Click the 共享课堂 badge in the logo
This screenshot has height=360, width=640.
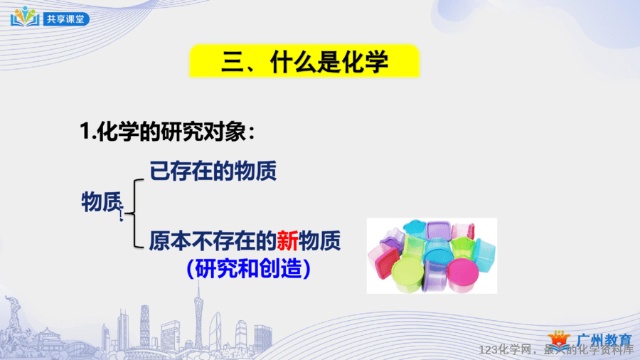pos(66,19)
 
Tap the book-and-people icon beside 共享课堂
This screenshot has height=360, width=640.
pos(25,17)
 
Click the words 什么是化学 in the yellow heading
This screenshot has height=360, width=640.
pos(329,63)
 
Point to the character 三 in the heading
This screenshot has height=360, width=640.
pos(233,63)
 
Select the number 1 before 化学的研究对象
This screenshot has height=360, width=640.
pos(85,132)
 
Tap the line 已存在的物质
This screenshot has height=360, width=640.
pos(213,171)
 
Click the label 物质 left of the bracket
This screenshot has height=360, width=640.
pos(102,201)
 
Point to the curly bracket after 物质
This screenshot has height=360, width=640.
pos(134,213)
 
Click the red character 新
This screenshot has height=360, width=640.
pos(288,240)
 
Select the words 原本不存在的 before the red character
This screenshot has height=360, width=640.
pos(213,240)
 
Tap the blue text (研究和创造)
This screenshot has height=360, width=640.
pos(248,268)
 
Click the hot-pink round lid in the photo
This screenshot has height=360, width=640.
pos(463,270)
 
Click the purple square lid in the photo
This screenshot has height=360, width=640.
pos(438,230)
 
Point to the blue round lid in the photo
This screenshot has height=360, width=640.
pos(438,250)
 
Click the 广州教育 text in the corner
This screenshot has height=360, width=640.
pos(604,340)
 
